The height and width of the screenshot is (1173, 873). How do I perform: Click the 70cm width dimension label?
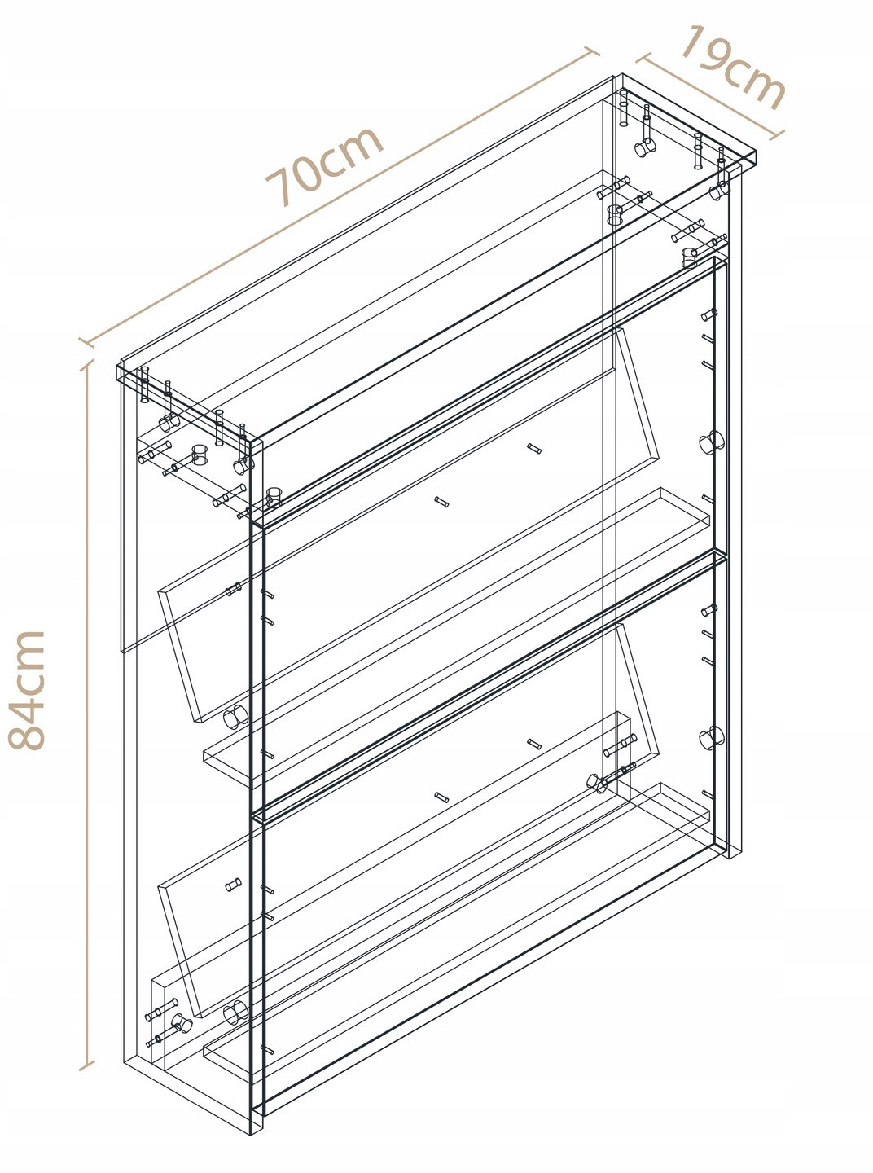(323, 165)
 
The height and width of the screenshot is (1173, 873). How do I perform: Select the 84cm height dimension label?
(26, 690)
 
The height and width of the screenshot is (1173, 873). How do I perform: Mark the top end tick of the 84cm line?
(87, 366)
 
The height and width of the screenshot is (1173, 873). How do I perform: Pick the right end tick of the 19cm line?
(776, 135)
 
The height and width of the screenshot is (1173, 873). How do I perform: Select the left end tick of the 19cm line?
(642, 58)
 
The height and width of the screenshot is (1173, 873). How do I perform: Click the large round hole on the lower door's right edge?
(709, 737)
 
